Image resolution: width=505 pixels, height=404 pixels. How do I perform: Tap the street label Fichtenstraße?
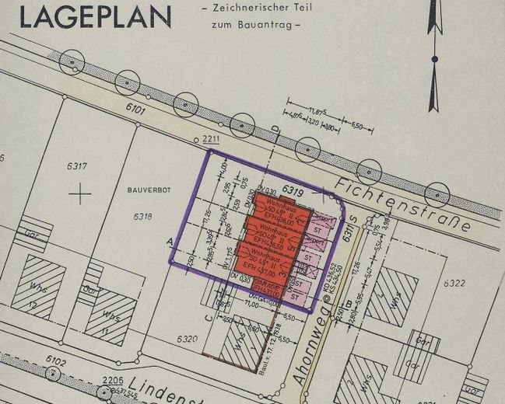click(404, 204)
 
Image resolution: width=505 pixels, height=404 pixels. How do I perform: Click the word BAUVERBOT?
click(140, 189)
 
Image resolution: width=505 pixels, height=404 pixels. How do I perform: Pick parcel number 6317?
click(76, 165)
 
